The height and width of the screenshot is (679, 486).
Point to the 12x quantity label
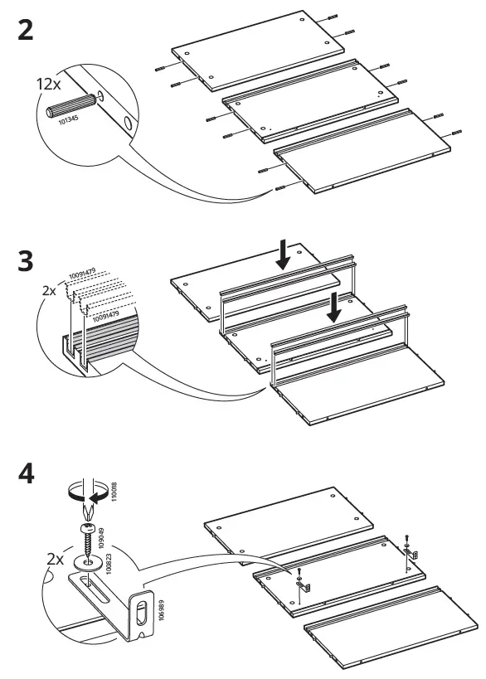pyautogui.click(x=47, y=84)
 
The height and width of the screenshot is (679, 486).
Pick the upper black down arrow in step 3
pyautogui.click(x=284, y=255)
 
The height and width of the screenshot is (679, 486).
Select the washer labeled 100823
pyautogui.click(x=86, y=563)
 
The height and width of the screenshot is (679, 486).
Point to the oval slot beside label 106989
pyautogui.click(x=142, y=614)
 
